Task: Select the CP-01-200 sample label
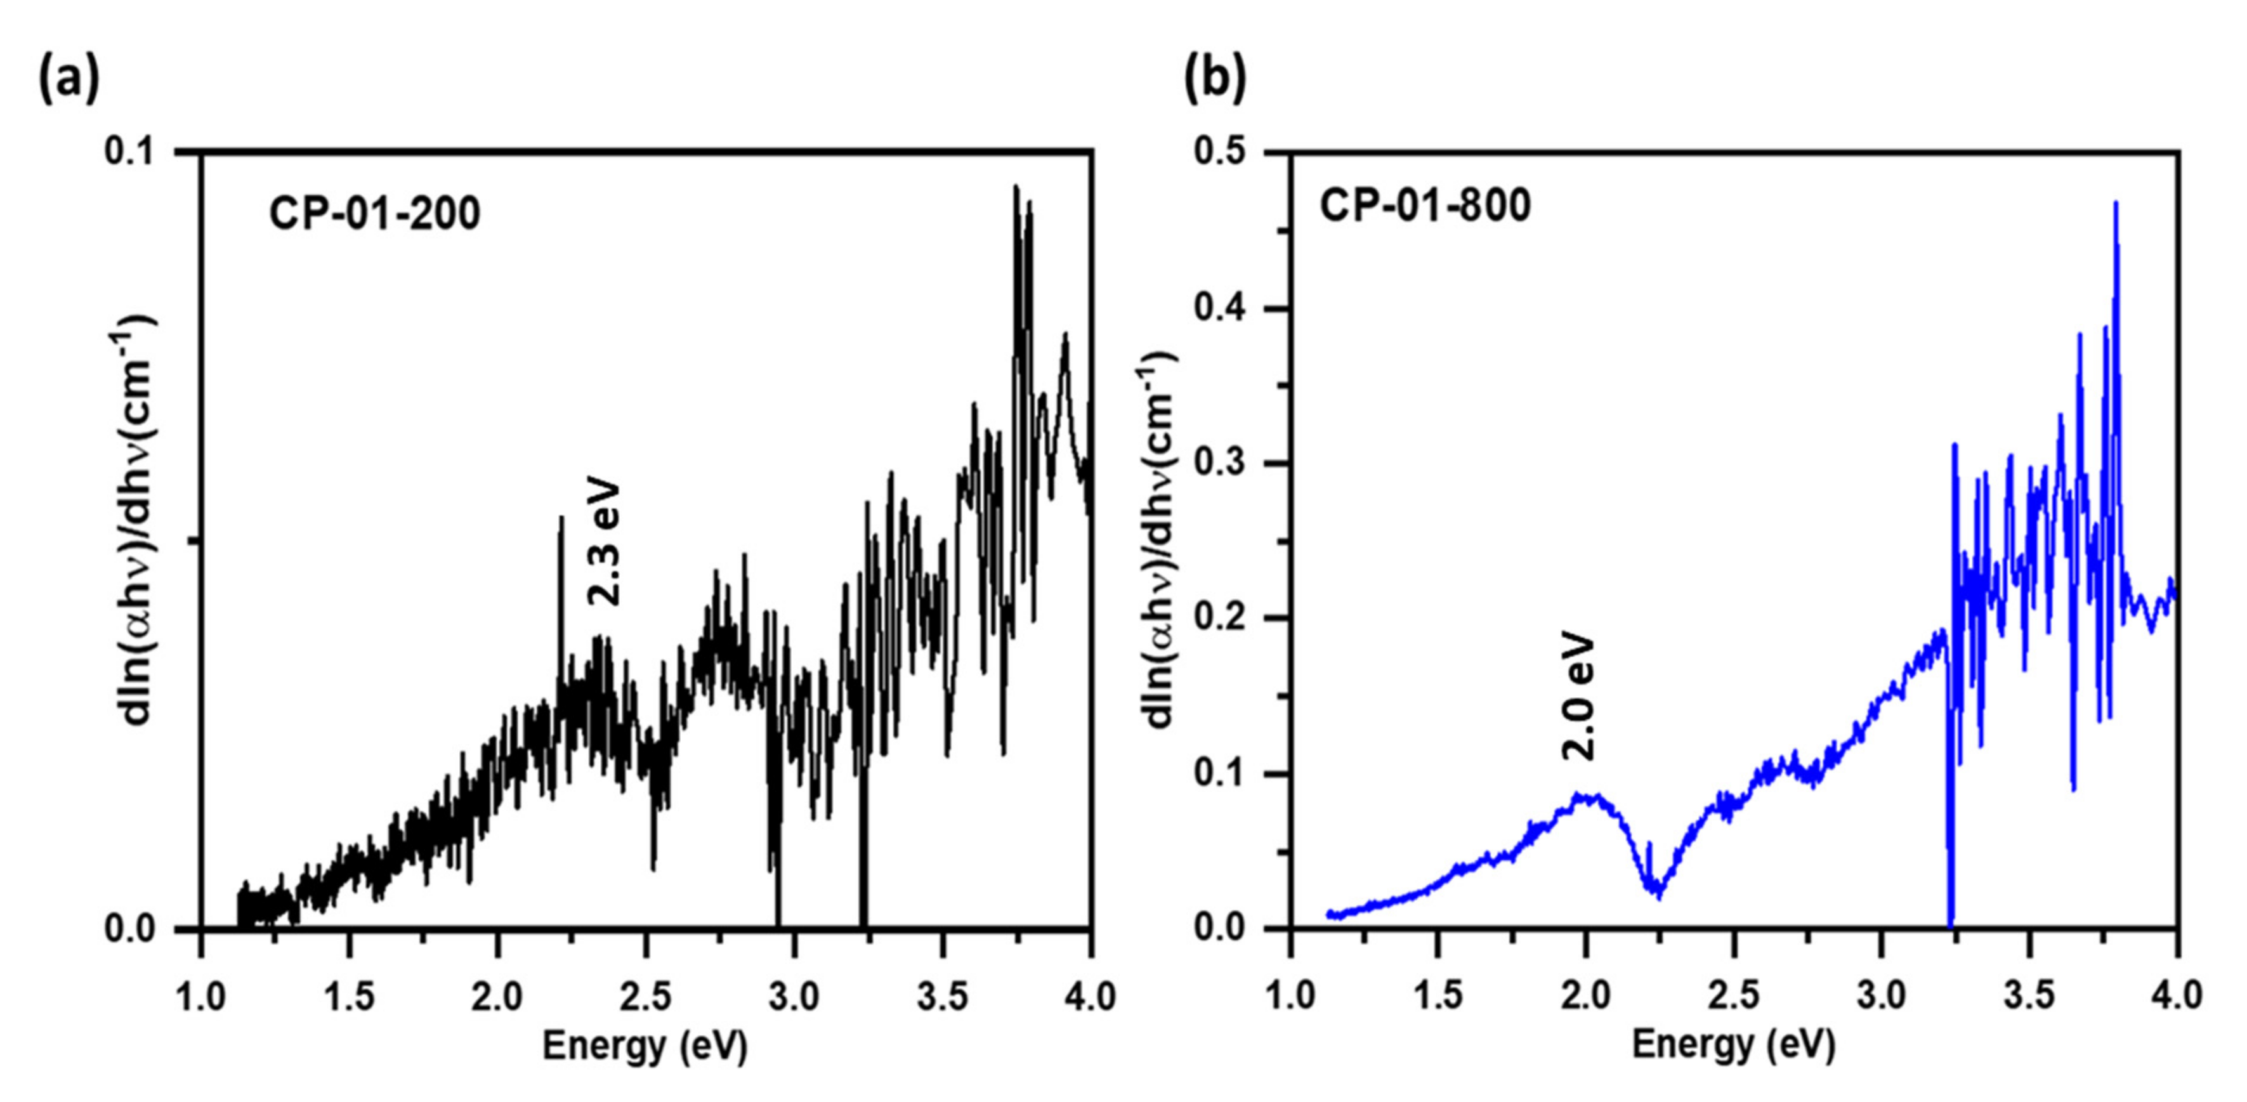pos(374,214)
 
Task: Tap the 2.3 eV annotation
pos(604,542)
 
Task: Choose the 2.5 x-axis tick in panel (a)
pos(646,995)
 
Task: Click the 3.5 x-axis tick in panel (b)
pos(2030,995)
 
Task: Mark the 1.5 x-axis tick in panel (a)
pos(350,995)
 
